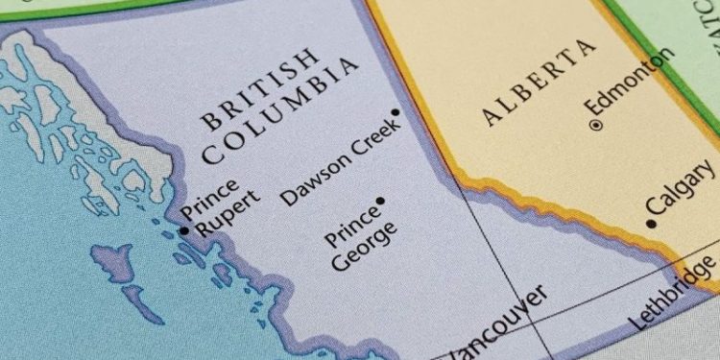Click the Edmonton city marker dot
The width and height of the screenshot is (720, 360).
click(x=595, y=124)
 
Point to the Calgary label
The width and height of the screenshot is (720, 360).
click(x=680, y=187)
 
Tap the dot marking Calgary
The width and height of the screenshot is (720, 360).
click(x=651, y=224)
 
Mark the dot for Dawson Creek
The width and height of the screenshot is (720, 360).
click(x=395, y=112)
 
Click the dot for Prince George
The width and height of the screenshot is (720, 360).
click(x=380, y=201)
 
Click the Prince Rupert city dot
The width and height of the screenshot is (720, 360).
click(x=184, y=230)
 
